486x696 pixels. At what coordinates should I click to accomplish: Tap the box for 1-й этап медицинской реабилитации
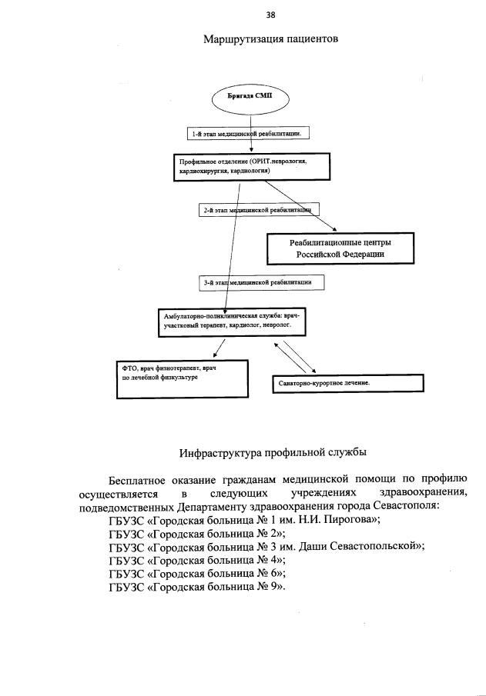(x=250, y=133)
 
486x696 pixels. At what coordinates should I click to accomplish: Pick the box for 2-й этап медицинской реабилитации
(x=258, y=208)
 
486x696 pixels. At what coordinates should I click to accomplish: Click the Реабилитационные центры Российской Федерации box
(x=340, y=248)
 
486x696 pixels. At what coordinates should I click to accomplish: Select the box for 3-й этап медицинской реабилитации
(x=260, y=282)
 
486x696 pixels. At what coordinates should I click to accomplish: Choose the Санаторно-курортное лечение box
(x=347, y=382)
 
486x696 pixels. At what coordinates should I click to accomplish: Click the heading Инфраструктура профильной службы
(x=267, y=451)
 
